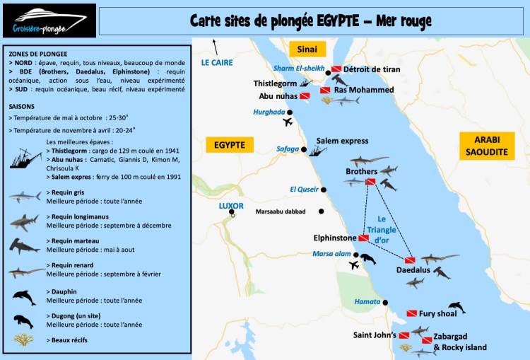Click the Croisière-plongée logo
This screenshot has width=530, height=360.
click(x=48, y=21)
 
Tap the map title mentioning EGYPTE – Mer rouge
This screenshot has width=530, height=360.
click(x=310, y=21)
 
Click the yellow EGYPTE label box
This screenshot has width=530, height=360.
click(x=229, y=145)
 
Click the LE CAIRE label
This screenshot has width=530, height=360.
click(x=217, y=62)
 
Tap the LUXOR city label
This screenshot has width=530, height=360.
click(x=231, y=206)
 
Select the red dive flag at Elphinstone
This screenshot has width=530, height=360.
click(x=363, y=238)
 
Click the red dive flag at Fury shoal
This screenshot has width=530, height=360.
click(x=411, y=313)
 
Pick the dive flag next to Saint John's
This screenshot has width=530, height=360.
click(x=404, y=335)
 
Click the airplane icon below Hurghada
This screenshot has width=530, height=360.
click(x=287, y=122)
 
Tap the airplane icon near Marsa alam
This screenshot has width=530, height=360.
click(x=354, y=265)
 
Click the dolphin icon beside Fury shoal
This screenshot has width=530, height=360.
click(x=457, y=307)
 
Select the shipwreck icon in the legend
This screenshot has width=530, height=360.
click(x=25, y=158)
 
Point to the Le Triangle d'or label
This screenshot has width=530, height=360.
click(x=382, y=229)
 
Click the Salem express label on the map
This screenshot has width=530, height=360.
click(x=342, y=141)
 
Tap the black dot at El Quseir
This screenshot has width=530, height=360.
click(x=324, y=190)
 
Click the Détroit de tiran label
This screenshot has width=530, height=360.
click(x=371, y=69)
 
